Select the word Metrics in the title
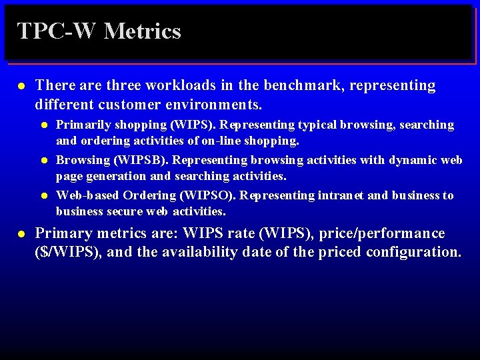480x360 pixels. point(143,31)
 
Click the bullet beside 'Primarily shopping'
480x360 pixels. point(43,125)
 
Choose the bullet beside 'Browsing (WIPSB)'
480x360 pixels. point(43,160)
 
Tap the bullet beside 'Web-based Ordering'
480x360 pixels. point(43,195)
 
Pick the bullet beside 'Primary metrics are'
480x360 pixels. point(21,234)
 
